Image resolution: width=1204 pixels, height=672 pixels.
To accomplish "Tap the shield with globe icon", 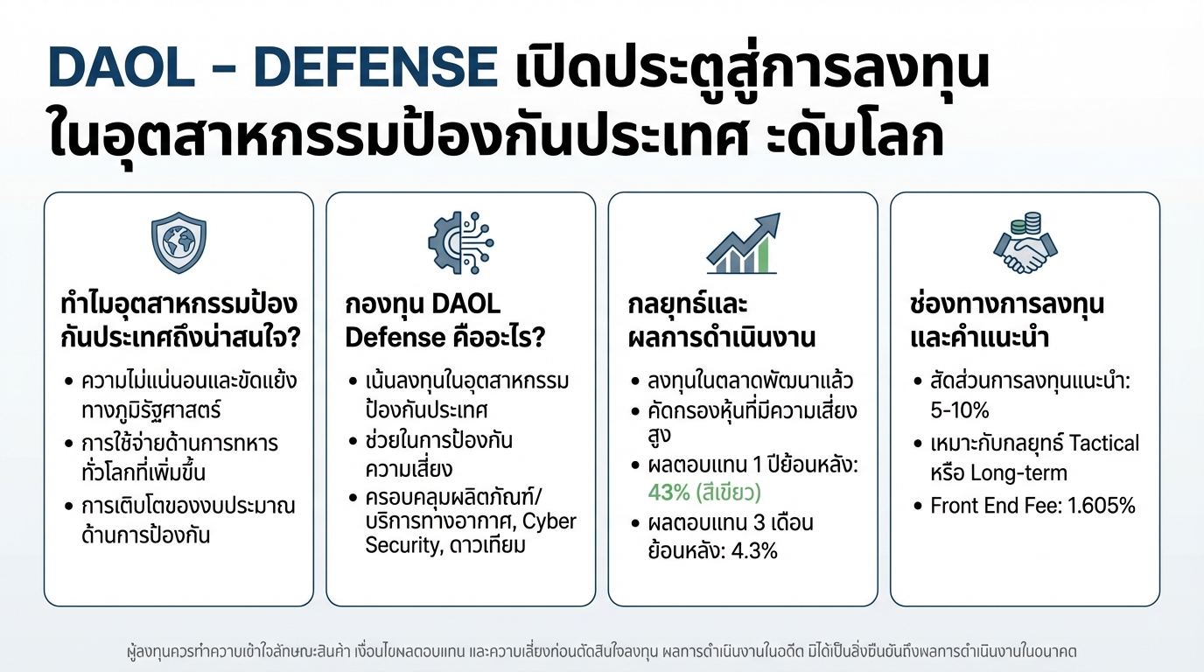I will tap(178, 242).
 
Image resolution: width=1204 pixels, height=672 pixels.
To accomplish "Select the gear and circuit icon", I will tap(460, 242).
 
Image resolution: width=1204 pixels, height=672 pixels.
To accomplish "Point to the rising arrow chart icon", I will tap(742, 242).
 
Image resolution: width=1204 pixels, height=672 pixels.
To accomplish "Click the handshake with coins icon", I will tap(1025, 242).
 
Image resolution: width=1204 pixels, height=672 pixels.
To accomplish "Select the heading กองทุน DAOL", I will tap(423, 304).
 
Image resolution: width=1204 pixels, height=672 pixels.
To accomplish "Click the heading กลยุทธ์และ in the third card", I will tap(688, 304).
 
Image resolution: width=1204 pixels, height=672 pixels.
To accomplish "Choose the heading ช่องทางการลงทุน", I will tap(1007, 304).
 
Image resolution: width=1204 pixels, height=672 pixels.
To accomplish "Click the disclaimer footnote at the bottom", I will tap(602, 652).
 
